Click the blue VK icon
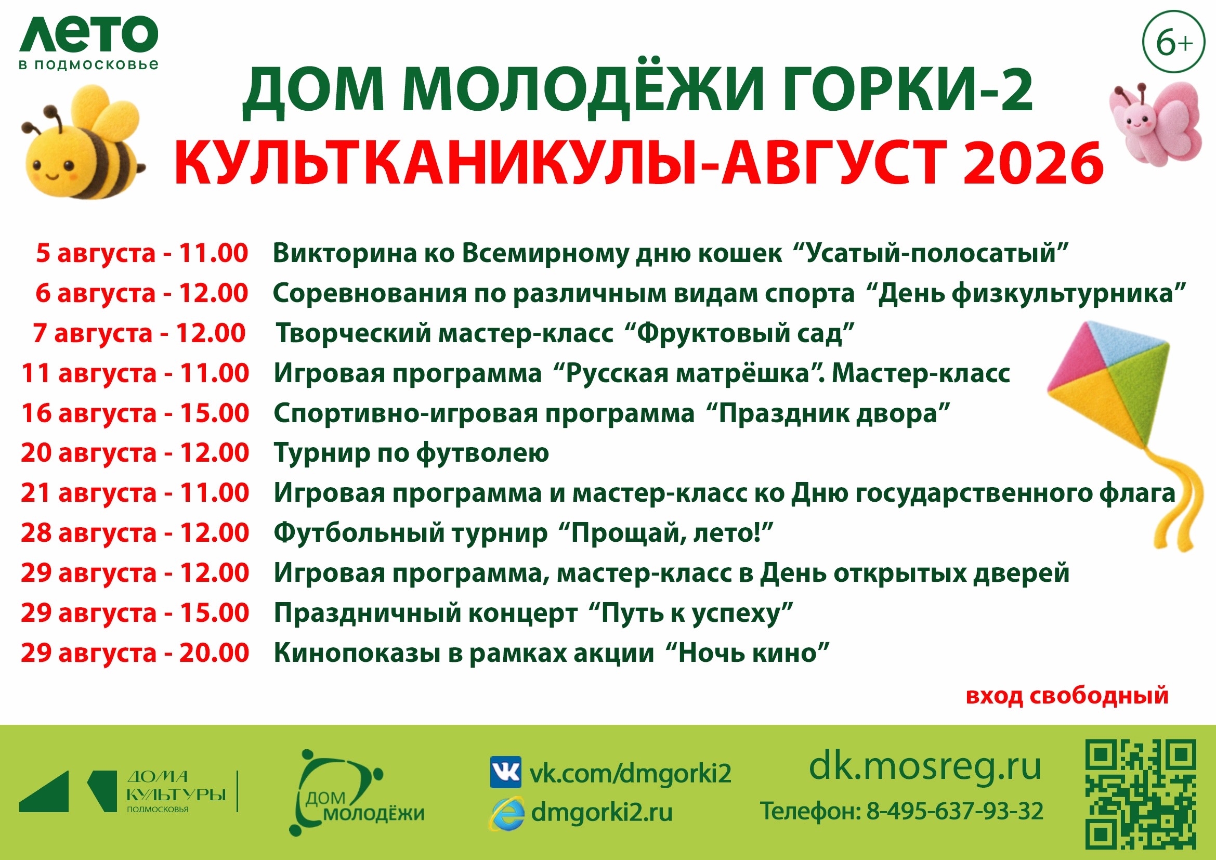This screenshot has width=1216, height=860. pyautogui.click(x=505, y=773)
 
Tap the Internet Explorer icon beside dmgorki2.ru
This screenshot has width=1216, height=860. pyautogui.click(x=506, y=813)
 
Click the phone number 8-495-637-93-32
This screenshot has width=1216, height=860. pyautogui.click(x=955, y=811)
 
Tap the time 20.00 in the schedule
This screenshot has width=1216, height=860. pyautogui.click(x=214, y=653)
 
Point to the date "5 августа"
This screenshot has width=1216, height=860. pyautogui.click(x=96, y=253)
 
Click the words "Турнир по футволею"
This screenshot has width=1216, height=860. pyautogui.click(x=411, y=453)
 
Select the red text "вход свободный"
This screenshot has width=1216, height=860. pyautogui.click(x=1067, y=695)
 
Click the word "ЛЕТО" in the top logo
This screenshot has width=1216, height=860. pyautogui.click(x=89, y=34)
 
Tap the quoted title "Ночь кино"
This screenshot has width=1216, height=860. pyautogui.click(x=746, y=653)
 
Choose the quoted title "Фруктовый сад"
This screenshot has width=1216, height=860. pyautogui.click(x=739, y=333)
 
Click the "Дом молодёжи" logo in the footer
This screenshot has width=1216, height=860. pyautogui.click(x=357, y=792)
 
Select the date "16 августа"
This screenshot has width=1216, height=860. pyautogui.click(x=89, y=413)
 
